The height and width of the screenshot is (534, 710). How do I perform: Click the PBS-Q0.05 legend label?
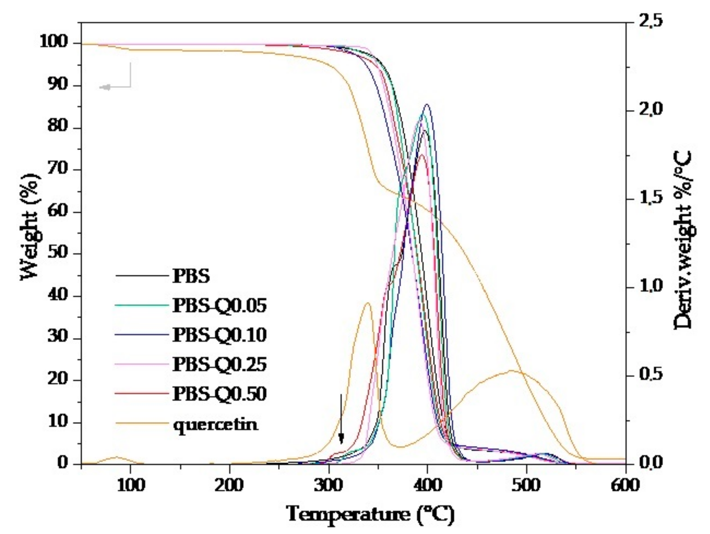coord(219,305)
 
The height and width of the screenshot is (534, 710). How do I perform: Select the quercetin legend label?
coord(215,424)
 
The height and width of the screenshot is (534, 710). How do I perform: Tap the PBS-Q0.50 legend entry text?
coord(219,394)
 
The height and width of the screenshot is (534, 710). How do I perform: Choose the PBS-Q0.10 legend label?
coord(219,335)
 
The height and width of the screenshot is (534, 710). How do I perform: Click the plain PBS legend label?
coord(191,276)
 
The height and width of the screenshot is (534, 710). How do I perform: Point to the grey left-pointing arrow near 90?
coord(106,87)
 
